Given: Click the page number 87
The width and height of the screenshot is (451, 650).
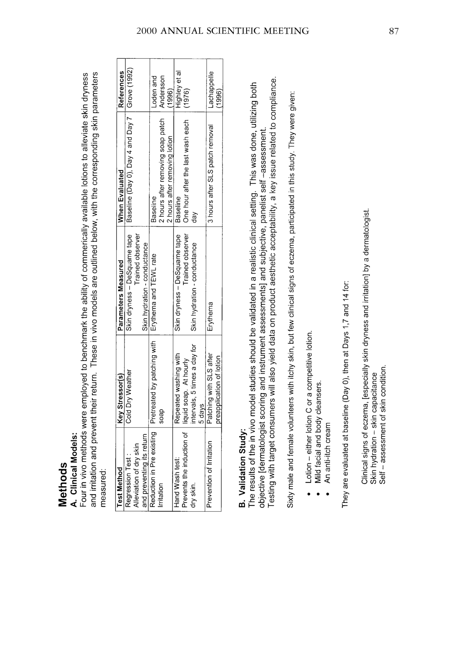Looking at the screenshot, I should [394, 31].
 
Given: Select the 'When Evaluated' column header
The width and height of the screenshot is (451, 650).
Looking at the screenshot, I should [120, 196].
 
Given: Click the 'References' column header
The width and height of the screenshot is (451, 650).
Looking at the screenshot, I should [120, 89].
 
